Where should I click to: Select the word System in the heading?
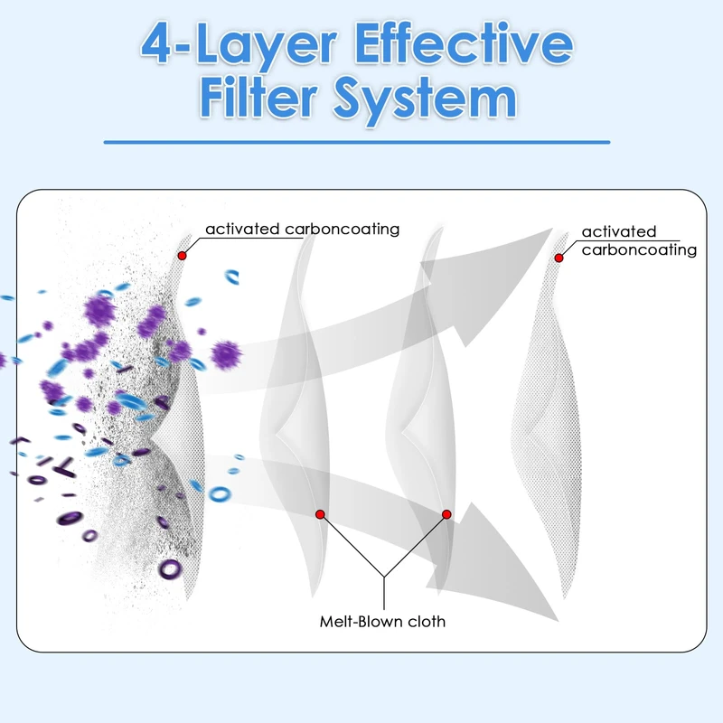pyautogui.click(x=425, y=101)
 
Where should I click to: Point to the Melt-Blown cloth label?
pyautogui.click(x=382, y=622)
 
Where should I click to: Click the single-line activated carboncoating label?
pyautogui.click(x=303, y=230)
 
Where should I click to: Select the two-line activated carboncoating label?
pyautogui.click(x=639, y=240)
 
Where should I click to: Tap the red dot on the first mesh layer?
pyautogui.click(x=183, y=256)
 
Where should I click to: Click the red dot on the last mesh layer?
pyautogui.click(x=559, y=258)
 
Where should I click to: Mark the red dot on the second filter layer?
pyautogui.click(x=320, y=514)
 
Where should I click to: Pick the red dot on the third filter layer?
pyautogui.click(x=446, y=514)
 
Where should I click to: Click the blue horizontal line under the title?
pyautogui.click(x=357, y=143)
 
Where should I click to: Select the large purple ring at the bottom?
pyautogui.click(x=170, y=569)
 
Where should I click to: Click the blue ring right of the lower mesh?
pyautogui.click(x=220, y=494)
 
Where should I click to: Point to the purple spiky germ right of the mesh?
pyautogui.click(x=226, y=355)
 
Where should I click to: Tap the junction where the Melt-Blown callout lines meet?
pyautogui.click(x=383, y=577)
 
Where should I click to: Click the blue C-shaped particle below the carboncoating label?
pyautogui.click(x=232, y=277)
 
